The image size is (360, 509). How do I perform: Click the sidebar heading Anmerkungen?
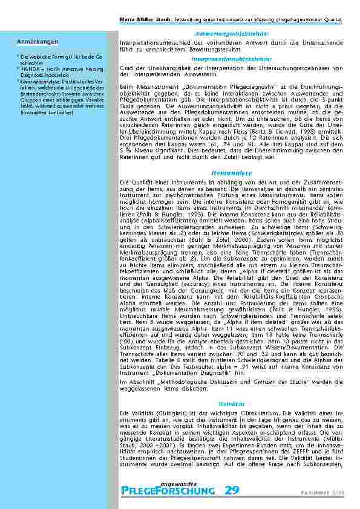38,42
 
